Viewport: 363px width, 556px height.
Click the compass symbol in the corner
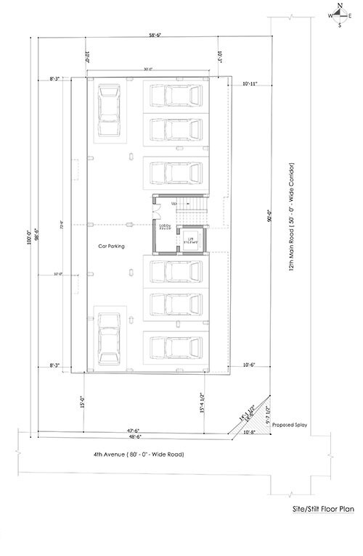[x=339, y=13]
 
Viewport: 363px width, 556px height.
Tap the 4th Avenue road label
[x=138, y=455]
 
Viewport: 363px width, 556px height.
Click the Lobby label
[x=164, y=226]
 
